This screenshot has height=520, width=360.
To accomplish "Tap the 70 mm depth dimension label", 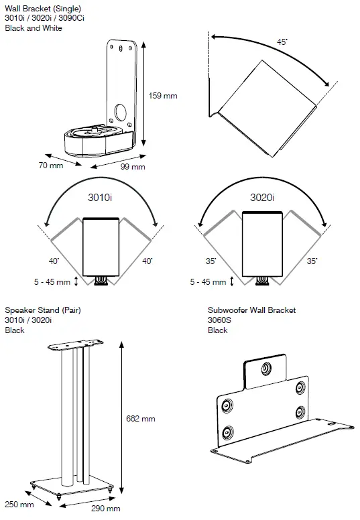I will [52, 165].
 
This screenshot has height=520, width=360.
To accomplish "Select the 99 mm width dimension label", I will [133, 167].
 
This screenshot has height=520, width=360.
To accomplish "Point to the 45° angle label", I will [282, 42].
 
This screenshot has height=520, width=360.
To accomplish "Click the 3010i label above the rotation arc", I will [101, 198].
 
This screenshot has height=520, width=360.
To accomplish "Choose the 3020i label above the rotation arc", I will [262, 198].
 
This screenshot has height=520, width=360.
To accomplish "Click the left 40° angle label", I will [53, 260].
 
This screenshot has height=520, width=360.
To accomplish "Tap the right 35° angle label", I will [311, 260].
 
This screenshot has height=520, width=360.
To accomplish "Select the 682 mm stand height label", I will [141, 418].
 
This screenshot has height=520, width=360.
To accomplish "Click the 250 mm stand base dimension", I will [19, 505].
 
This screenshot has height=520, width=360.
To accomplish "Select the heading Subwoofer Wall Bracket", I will [251, 310].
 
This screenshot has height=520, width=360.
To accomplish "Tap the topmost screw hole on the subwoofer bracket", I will [266, 368].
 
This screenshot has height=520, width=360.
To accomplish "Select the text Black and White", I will [34, 27].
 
